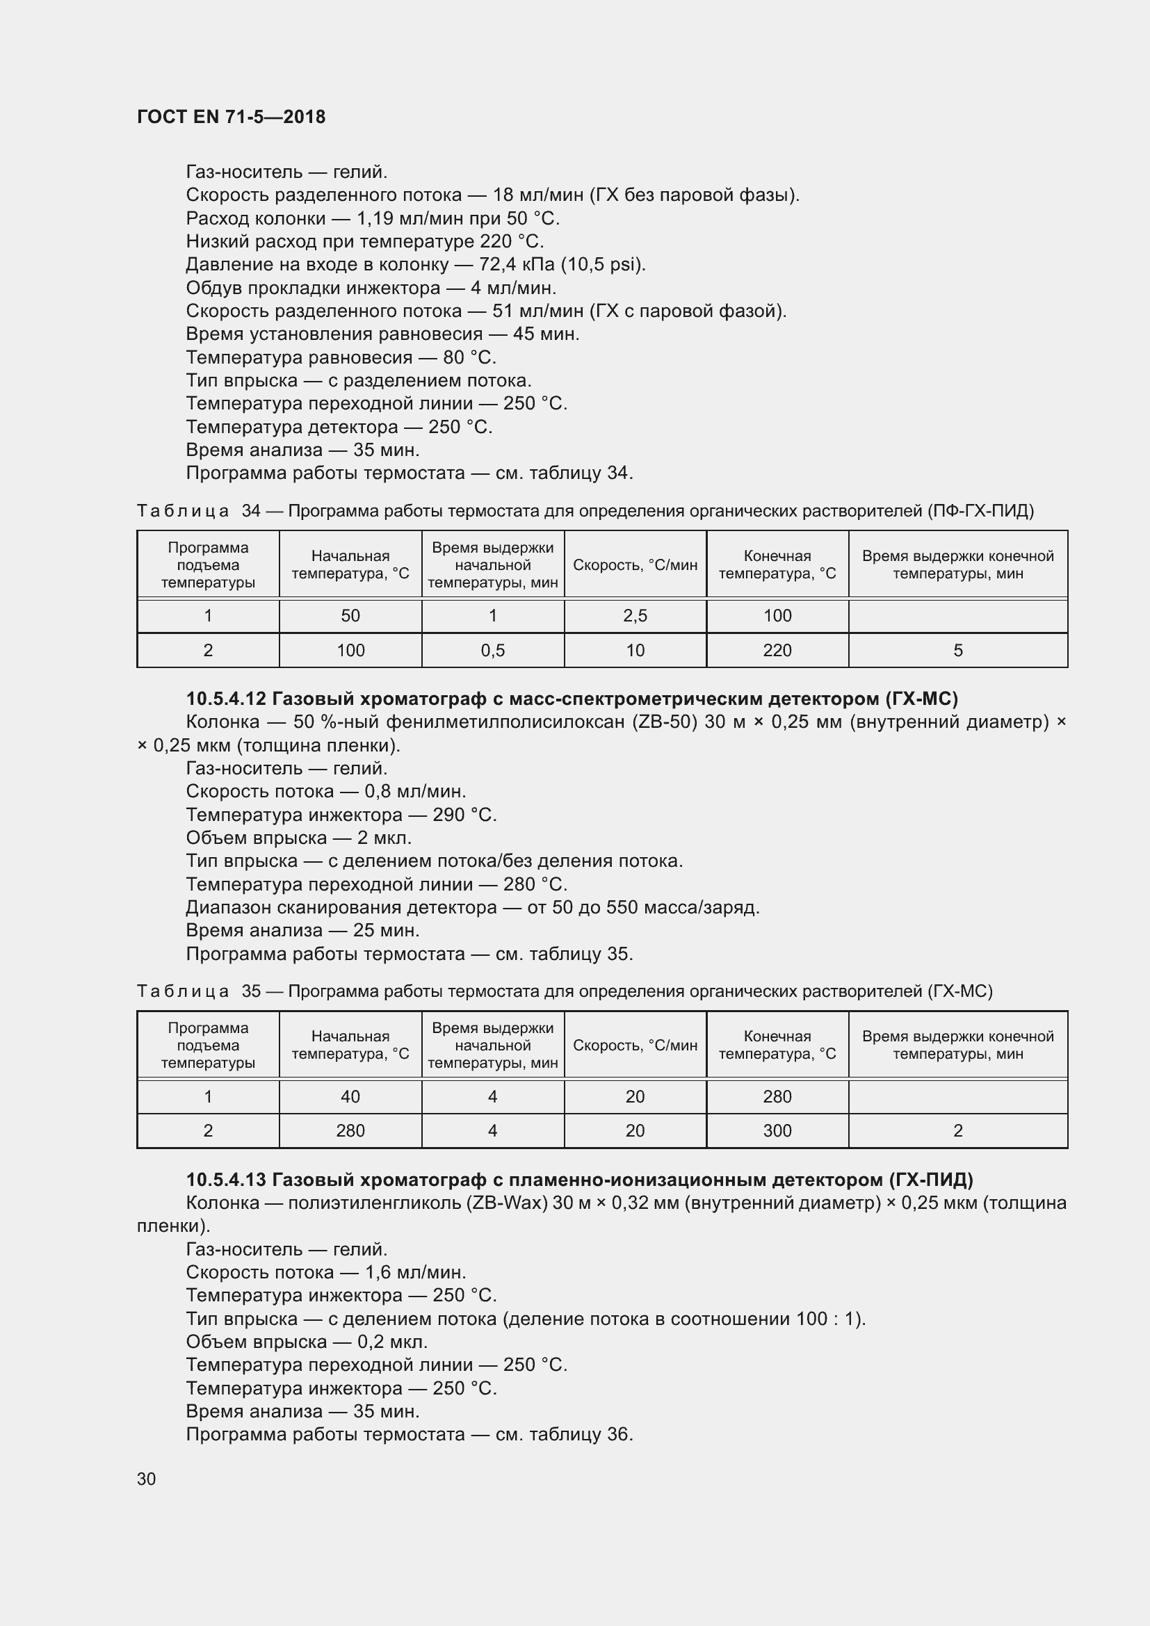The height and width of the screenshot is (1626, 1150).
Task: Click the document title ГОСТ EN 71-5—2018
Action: [x=231, y=117]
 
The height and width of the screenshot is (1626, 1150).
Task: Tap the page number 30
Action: [x=147, y=1479]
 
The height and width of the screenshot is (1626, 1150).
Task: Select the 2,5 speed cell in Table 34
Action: [x=635, y=616]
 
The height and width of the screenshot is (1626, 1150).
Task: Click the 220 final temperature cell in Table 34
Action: [x=777, y=650]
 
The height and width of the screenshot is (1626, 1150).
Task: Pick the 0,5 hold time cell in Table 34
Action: [x=492, y=650]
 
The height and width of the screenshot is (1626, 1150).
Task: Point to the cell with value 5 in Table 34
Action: [x=957, y=650]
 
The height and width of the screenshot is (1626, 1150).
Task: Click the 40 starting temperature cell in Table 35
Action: [x=350, y=1096]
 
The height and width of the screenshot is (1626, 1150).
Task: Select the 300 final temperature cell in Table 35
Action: [x=777, y=1130]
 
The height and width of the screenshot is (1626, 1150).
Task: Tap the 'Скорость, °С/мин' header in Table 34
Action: [x=635, y=565]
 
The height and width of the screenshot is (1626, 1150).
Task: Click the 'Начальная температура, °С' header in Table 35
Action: [x=350, y=1045]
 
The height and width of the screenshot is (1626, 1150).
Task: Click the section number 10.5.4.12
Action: [x=226, y=699]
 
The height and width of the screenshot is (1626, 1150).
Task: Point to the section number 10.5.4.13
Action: [x=226, y=1179]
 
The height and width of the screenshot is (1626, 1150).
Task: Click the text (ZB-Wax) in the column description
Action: [x=507, y=1203]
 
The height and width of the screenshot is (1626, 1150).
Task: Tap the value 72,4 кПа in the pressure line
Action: [x=517, y=265]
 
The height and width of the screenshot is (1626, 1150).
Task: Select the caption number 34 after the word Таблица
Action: [x=251, y=511]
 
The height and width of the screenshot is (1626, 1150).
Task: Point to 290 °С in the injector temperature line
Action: [x=464, y=815]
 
